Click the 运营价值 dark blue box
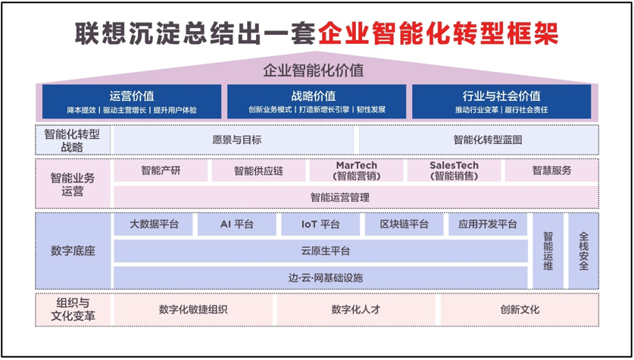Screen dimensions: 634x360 click(132, 102)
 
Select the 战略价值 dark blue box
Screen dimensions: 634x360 click(317, 102)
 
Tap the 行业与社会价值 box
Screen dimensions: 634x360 click(501, 102)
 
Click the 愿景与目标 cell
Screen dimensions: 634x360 click(234, 140)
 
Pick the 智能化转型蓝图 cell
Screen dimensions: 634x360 click(479, 140)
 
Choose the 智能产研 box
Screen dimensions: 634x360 click(161, 171)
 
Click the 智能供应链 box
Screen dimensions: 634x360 click(258, 171)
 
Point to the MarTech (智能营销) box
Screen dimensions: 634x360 click(356, 171)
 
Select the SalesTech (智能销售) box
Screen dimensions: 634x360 click(454, 171)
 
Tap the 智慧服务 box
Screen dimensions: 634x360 click(551, 171)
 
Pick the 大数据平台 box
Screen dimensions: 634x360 click(153, 224)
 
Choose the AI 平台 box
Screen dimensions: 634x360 click(237, 224)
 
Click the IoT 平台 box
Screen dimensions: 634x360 click(320, 224)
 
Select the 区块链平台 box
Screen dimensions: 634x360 click(404, 224)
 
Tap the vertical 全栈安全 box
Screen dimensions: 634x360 click(583, 251)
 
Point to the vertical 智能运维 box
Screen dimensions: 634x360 click(548, 251)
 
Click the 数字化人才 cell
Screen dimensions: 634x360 click(356, 310)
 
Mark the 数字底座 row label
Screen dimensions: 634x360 click(73, 251)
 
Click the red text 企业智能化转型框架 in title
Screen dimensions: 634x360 click(439, 33)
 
